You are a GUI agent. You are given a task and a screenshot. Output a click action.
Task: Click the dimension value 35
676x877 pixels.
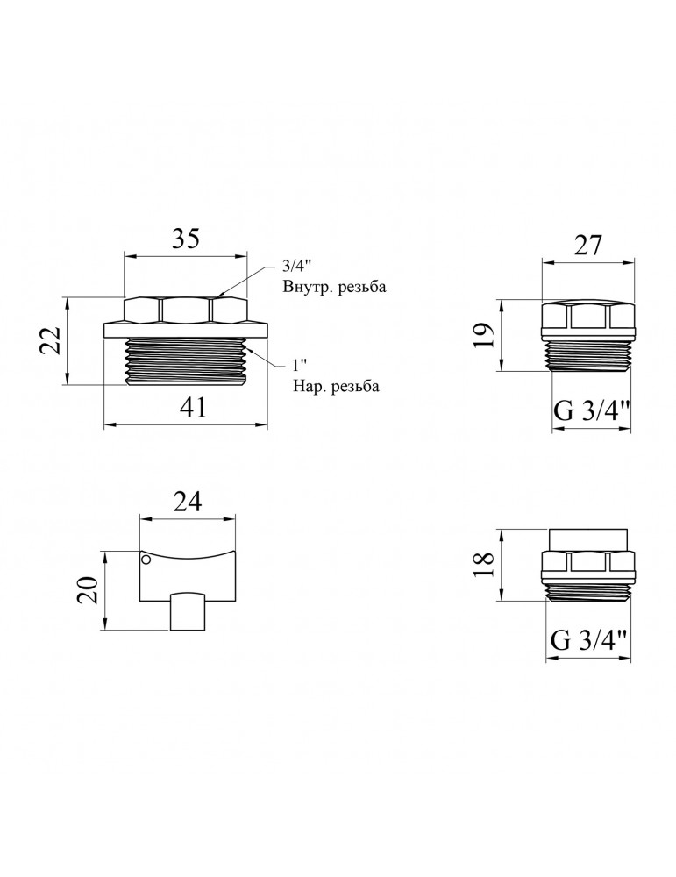click(184, 239)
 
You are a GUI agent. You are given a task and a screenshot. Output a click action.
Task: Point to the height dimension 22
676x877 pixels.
click(49, 340)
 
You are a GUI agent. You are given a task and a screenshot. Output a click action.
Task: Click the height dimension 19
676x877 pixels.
click(485, 335)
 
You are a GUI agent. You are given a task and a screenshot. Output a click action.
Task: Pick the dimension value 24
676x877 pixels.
click(187, 502)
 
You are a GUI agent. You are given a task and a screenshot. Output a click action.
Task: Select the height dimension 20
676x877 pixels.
click(89, 589)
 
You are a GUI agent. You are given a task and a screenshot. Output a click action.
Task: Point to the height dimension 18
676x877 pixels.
click(484, 565)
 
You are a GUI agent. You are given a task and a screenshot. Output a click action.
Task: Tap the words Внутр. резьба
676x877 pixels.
click(334, 288)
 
